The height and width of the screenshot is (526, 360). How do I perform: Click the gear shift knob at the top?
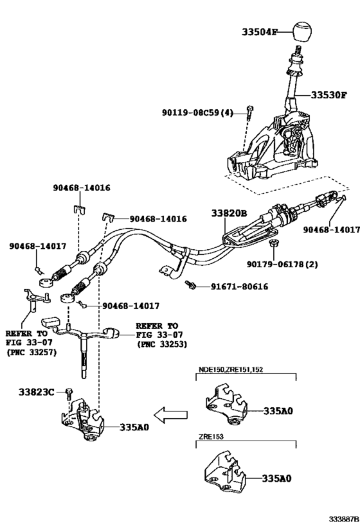[x=302, y=32]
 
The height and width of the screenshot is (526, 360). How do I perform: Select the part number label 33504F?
[x=260, y=32]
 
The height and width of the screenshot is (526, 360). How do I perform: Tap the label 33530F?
[x=328, y=95]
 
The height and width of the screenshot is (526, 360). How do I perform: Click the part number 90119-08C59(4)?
[x=197, y=113]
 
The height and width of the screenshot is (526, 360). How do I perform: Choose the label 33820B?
[x=229, y=213]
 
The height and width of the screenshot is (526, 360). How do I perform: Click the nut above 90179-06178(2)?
[x=273, y=243]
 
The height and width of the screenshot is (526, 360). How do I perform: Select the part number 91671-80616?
[x=239, y=286]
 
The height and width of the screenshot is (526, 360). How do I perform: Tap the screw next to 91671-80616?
[x=191, y=285]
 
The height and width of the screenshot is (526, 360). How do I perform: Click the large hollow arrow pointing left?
[x=170, y=415]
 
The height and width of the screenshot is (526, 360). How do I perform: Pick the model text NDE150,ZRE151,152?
[x=231, y=369]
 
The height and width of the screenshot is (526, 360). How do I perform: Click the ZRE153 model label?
[x=211, y=437]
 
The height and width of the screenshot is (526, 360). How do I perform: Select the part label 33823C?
[x=36, y=392]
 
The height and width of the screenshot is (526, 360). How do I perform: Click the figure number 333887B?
[x=344, y=520]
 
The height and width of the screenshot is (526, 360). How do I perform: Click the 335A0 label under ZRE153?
[x=276, y=478]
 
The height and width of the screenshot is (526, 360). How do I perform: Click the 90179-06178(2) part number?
[x=282, y=265]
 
